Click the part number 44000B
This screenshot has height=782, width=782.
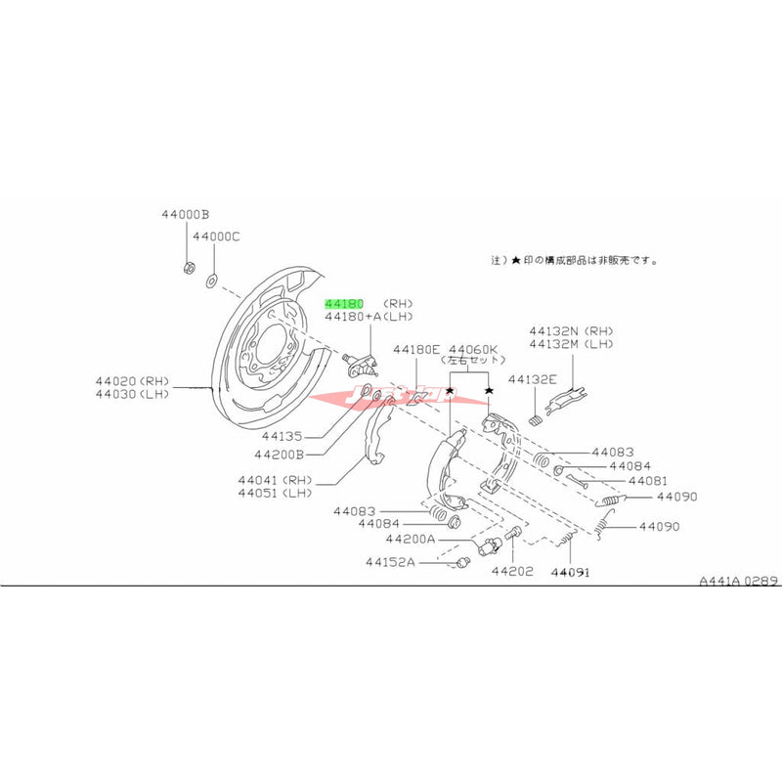(x=186, y=214)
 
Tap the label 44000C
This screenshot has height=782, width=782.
(x=216, y=237)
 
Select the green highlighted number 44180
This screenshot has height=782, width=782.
(x=344, y=304)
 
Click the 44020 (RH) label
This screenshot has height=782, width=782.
(x=133, y=380)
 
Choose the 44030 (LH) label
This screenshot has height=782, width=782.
(x=133, y=394)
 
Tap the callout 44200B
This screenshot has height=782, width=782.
(x=280, y=455)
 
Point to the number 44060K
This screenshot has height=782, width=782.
(x=473, y=349)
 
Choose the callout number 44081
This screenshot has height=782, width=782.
(x=648, y=481)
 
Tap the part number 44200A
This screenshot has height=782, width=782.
(x=414, y=539)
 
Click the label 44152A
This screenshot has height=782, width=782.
(x=391, y=562)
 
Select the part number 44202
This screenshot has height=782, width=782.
(x=512, y=571)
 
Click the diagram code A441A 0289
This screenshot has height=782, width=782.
(x=738, y=580)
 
